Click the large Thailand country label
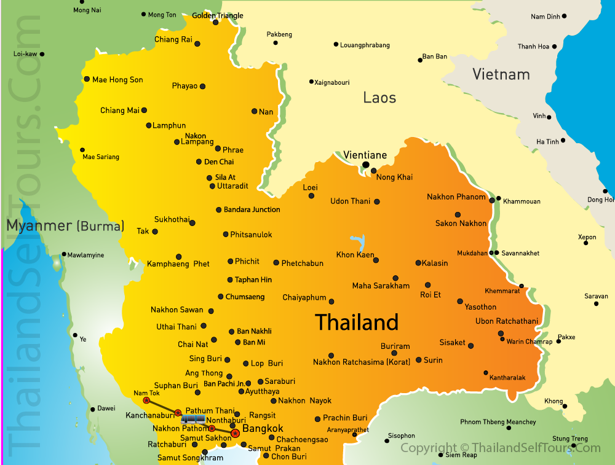(x=357, y=322)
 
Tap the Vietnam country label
(x=501, y=74)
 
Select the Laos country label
(x=379, y=97)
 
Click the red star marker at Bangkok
(x=235, y=434)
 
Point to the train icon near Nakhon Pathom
(x=193, y=420)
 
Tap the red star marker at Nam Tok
(x=146, y=401)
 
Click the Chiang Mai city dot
(x=144, y=111)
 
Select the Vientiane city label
(x=365, y=155)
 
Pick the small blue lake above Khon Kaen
(x=356, y=241)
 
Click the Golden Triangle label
(x=218, y=15)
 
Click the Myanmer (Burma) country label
(x=65, y=225)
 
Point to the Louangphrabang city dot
(x=336, y=44)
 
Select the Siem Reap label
(x=461, y=455)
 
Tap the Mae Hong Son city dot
(x=87, y=79)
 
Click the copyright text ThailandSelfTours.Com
(x=500, y=448)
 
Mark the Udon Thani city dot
(x=377, y=201)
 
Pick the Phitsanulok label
(x=251, y=235)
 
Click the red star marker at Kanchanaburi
(x=178, y=413)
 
